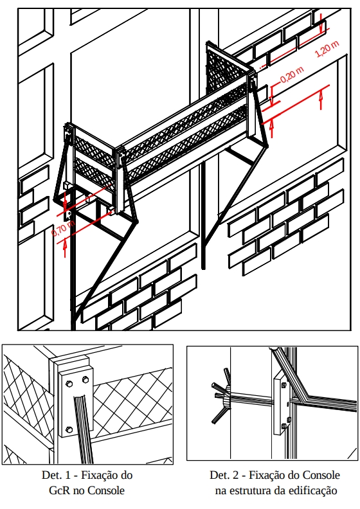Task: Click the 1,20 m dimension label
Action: tap(327, 48)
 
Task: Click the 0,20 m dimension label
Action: tap(292, 75)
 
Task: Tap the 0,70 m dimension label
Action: tap(62, 228)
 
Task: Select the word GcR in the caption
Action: tap(59, 490)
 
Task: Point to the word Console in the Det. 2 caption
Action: tap(321, 475)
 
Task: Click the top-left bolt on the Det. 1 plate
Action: tap(69, 384)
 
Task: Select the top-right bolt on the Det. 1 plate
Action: tap(85, 379)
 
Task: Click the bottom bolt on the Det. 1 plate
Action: tap(69, 429)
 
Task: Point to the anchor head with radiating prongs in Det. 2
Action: tap(222, 396)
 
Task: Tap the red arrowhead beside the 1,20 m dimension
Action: tap(321, 26)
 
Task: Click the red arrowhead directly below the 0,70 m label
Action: tap(64, 247)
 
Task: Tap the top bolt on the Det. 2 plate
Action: tap(284, 385)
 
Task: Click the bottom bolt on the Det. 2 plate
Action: tap(284, 426)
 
